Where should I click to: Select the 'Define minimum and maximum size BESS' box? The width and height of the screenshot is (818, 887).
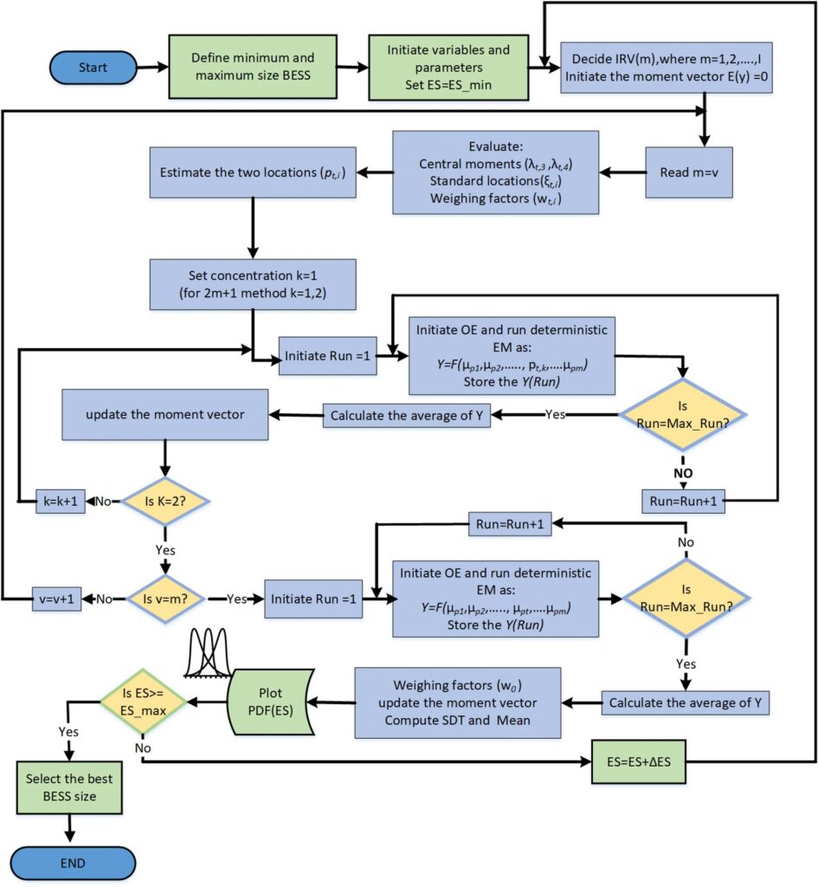point(251,67)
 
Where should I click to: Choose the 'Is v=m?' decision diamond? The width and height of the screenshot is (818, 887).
point(164,599)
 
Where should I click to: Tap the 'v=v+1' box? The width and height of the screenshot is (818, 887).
point(60,599)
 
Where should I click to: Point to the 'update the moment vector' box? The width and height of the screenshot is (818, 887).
point(164,414)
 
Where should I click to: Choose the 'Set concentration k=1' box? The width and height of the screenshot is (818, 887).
point(252,284)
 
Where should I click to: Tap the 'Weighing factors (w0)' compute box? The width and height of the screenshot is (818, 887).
point(459,702)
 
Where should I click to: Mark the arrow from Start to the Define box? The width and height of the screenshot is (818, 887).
point(154,67)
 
